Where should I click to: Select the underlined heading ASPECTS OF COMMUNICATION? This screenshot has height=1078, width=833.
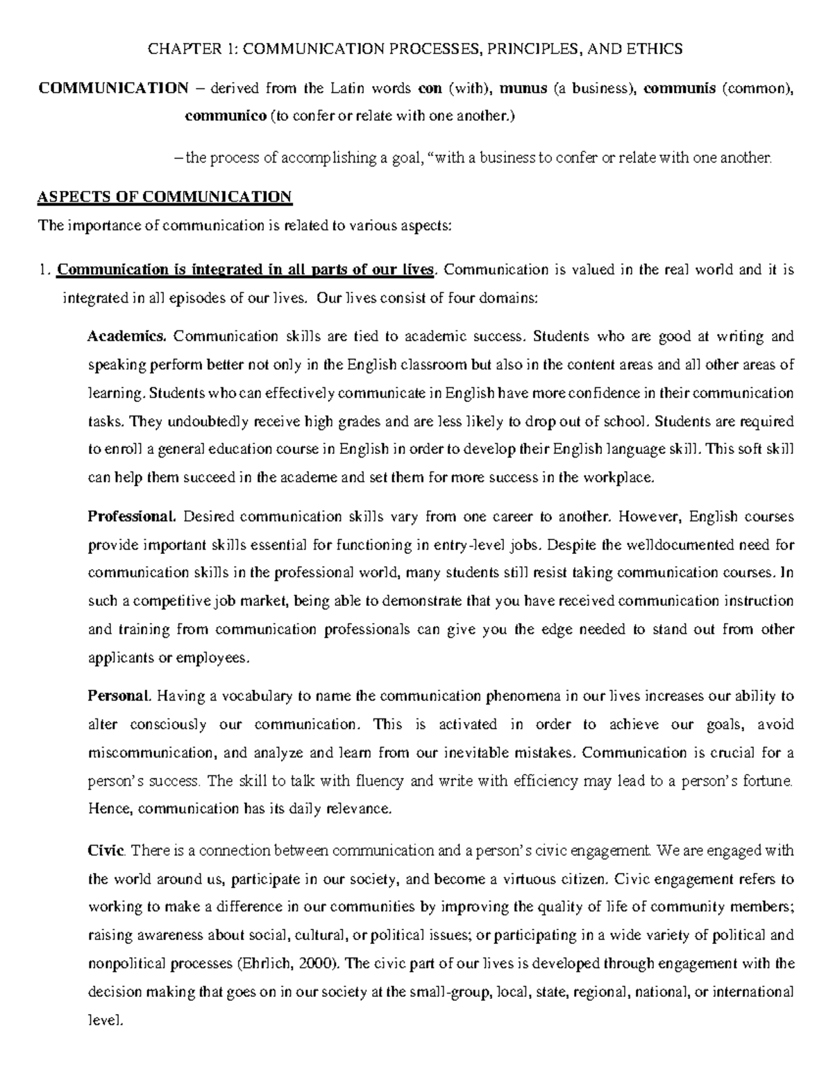tap(165, 196)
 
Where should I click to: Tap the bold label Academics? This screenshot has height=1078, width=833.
tap(127, 337)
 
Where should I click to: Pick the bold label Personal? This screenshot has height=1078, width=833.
tap(119, 696)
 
